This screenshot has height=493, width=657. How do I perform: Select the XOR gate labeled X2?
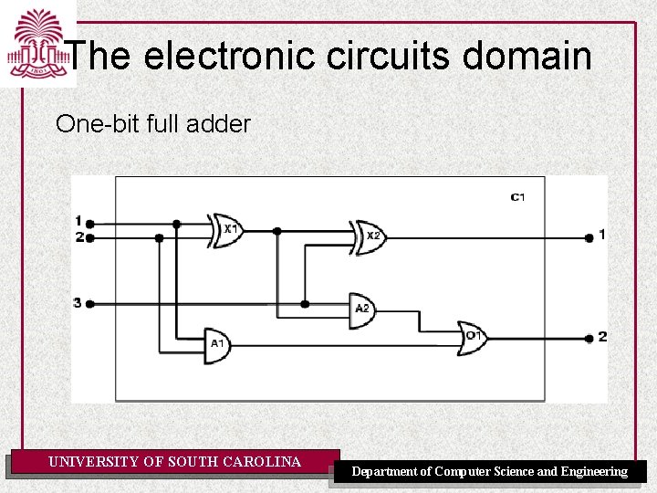pos(370,236)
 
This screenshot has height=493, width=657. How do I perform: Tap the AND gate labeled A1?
pos(217,344)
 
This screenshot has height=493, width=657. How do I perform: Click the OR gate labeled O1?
pos(473,336)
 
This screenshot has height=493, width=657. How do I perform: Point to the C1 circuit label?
pos(517,197)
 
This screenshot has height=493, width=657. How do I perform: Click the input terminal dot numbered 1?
pos(89,222)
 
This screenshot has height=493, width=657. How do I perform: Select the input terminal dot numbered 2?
pos(89,237)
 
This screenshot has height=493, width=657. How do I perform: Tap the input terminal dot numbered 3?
pos(89,303)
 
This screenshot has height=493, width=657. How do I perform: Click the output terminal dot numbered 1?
pos(589,236)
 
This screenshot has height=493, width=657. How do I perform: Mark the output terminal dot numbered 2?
pos(589,338)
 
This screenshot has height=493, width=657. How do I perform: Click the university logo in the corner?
pos(37,44)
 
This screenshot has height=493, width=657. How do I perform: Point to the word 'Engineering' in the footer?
pos(594,472)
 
